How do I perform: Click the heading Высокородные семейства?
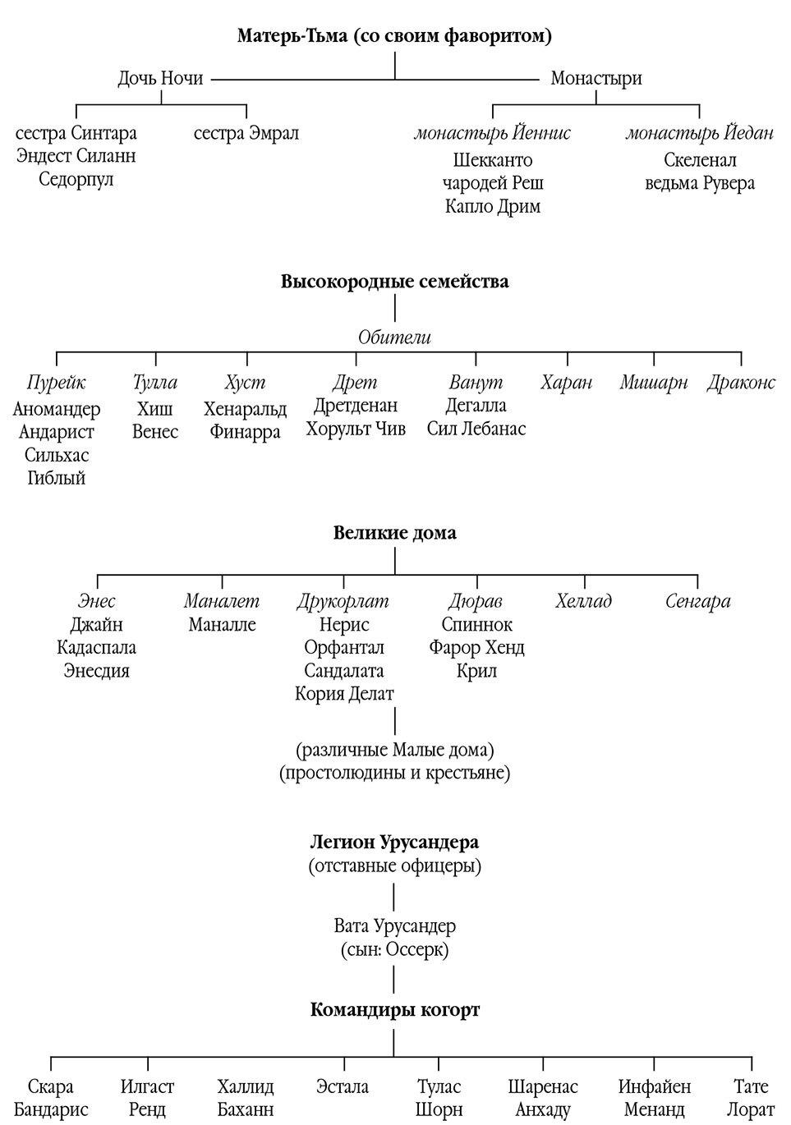coord(394,282)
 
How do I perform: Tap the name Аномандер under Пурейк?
coord(57,409)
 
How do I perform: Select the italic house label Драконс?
coord(741,383)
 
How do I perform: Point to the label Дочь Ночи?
coord(160,79)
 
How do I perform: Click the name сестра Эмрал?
coord(246,133)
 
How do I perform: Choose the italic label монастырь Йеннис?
coord(492,133)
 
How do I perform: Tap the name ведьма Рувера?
coord(700,183)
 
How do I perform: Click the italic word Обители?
coord(394,337)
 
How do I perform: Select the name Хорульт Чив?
coord(356,429)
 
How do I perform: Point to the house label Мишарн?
coord(654,383)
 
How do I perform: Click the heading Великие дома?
coord(394,533)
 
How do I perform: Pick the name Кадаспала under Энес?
coord(97,648)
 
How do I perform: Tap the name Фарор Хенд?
coord(476,648)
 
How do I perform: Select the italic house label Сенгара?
coord(697,601)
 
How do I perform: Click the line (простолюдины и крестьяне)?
coord(394,773)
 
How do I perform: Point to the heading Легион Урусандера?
coord(394,843)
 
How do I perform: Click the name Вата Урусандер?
coord(394,926)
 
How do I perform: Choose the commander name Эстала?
coord(343,1087)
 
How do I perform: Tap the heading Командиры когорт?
coord(394,1010)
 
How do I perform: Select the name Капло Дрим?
coord(493,206)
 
